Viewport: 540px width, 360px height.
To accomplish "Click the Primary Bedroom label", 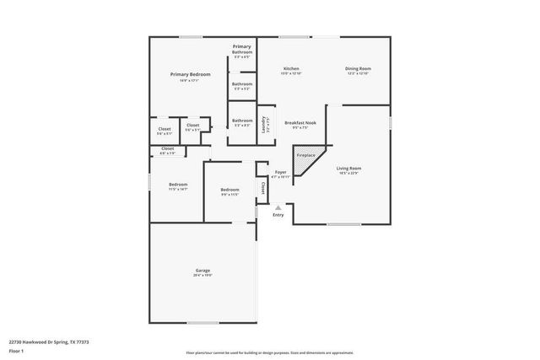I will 190,75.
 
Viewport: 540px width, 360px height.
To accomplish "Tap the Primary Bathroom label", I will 242,49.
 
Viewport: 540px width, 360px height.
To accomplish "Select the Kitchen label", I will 291,68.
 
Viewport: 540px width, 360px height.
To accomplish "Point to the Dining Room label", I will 358,68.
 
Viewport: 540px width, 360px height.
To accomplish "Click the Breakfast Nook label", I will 300,122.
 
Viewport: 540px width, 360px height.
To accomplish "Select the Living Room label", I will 349,168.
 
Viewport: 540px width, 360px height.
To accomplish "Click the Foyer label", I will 280,172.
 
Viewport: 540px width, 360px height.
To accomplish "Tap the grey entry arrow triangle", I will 278,207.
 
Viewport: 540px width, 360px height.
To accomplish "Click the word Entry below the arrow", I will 278,215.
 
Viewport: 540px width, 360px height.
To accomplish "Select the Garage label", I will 202,270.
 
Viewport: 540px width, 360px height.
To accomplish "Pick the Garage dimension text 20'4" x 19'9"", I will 202,275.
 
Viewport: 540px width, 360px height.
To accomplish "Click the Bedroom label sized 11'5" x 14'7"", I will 177,185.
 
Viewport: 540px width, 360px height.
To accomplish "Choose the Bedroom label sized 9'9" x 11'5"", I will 230,190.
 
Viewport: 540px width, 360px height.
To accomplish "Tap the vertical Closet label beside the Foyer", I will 262,187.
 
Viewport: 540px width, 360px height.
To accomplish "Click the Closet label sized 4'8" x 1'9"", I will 167,148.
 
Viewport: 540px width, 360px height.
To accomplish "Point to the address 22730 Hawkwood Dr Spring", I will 50,341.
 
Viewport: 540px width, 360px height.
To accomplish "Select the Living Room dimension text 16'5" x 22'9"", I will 349,173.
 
